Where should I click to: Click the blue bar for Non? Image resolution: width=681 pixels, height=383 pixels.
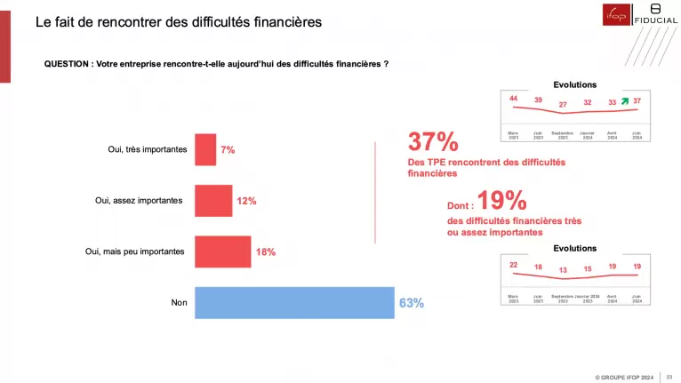tap(293, 303)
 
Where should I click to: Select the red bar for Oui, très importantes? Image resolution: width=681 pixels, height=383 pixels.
tap(204, 149)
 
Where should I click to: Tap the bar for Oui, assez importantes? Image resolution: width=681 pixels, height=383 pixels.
tap(212, 201)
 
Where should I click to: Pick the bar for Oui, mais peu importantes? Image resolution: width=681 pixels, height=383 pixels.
tap(222, 251)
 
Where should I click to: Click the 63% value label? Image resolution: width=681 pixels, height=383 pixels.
tap(412, 303)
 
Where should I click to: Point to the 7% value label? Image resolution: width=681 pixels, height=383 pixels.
tap(228, 150)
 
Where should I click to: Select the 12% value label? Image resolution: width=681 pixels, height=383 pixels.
tap(246, 201)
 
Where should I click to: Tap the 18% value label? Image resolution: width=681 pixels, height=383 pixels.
tap(265, 252)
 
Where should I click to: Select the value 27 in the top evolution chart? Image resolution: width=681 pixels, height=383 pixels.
tap(562, 105)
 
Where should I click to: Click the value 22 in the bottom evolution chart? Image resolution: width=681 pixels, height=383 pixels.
tap(513, 264)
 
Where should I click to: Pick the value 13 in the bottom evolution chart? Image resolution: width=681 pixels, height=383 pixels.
tap(562, 270)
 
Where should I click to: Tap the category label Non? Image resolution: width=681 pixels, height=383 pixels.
tap(179, 303)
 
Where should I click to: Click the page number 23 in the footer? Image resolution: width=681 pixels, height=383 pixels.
tap(668, 375)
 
